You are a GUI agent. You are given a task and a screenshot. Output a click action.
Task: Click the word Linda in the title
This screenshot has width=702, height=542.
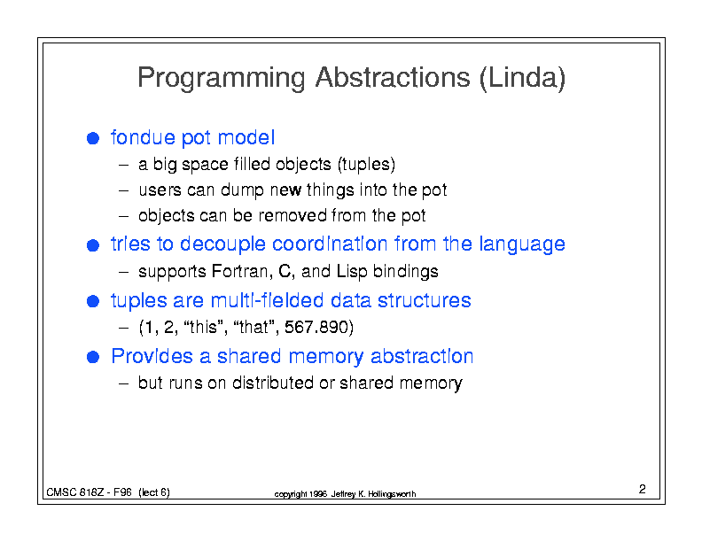523,77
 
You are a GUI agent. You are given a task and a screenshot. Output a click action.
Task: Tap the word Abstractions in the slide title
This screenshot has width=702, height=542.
393,77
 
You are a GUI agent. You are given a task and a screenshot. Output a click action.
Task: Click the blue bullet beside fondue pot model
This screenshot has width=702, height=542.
93,138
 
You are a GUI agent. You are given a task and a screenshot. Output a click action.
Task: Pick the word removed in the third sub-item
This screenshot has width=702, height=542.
292,215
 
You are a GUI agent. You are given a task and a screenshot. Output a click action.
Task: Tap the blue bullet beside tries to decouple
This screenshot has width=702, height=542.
93,245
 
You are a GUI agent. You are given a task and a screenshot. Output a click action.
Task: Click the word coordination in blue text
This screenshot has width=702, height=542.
330,244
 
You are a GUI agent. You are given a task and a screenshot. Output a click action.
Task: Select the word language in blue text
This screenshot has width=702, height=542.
522,245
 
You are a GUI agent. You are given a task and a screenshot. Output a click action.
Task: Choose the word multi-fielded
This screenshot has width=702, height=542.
267,300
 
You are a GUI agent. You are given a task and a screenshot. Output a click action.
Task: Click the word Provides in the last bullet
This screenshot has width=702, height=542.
152,356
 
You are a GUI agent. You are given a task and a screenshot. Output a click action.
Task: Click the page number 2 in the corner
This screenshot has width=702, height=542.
643,489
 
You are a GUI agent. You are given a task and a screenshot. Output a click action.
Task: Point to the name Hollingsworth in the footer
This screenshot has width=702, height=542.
392,494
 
